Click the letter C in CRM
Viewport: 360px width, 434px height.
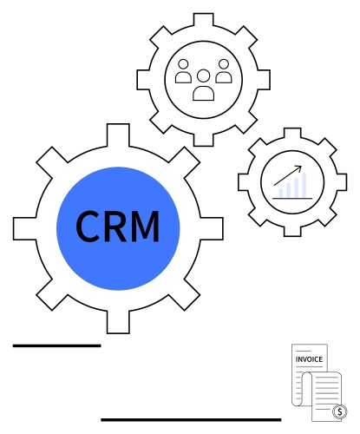coord(88,227)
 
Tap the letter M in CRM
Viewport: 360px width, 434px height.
coord(145,227)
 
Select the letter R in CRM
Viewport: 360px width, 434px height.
coord(115,227)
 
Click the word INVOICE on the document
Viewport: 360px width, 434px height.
coord(309,359)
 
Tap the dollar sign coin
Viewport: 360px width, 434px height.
coord(340,411)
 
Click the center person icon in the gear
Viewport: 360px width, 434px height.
coord(204,85)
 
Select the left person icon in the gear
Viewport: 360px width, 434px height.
coord(183,71)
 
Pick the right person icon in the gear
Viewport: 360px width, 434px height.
coord(224,71)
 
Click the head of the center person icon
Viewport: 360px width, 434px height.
coord(204,76)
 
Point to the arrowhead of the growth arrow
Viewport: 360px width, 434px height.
coord(300,167)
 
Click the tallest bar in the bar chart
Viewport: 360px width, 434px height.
coord(304,185)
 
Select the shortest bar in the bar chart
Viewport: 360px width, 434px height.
coord(281,193)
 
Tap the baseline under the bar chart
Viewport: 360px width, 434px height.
coord(292,199)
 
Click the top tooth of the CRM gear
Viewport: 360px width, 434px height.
coord(118,135)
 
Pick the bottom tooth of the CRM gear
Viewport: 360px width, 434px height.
coord(118,322)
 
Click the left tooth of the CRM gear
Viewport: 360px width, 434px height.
coord(25,228)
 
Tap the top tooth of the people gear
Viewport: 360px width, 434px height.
coord(204,20)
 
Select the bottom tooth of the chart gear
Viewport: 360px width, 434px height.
coord(292,231)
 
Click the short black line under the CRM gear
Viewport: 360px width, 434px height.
coord(57,345)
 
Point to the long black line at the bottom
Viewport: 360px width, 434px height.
coord(191,419)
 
